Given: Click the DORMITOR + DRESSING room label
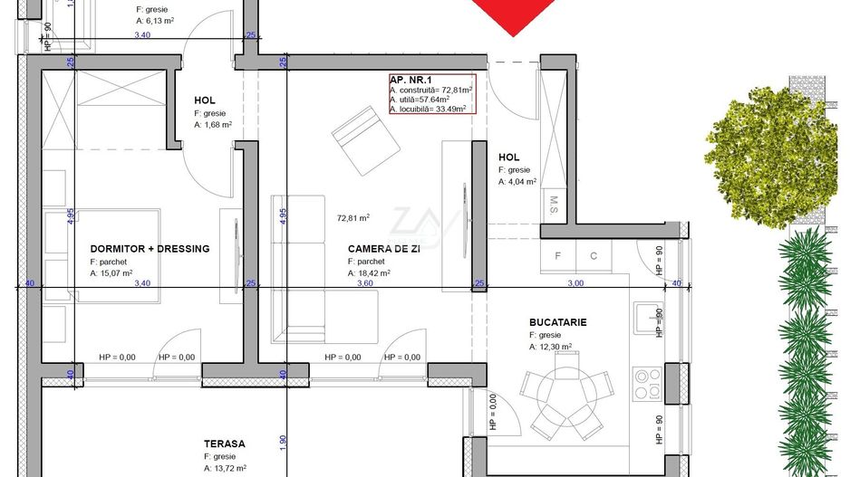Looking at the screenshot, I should [150, 249].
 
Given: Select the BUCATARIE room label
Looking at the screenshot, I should [558, 321].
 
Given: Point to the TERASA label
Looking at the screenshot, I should [225, 444].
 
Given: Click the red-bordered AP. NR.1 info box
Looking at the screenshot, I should [430, 93].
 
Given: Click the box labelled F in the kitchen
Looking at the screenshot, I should [557, 256].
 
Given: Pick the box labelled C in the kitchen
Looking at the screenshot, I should [594, 256].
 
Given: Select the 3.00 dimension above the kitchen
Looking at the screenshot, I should [575, 283].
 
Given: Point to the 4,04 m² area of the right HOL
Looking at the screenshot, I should [517, 181].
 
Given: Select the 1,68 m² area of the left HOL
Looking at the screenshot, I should [214, 126].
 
